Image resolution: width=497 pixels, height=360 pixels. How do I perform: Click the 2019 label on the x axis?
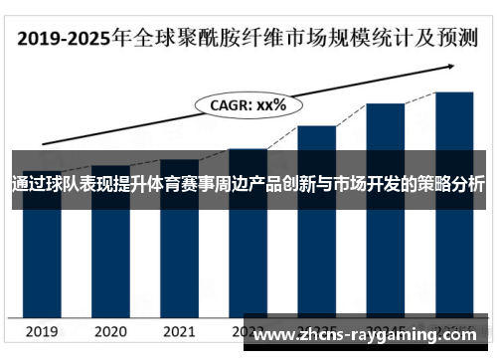pyautogui.click(x=42, y=331)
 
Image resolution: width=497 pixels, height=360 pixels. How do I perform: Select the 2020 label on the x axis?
pyautogui.click(x=110, y=331)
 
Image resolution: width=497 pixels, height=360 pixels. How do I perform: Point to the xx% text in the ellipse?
pyautogui.click(x=270, y=103)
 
